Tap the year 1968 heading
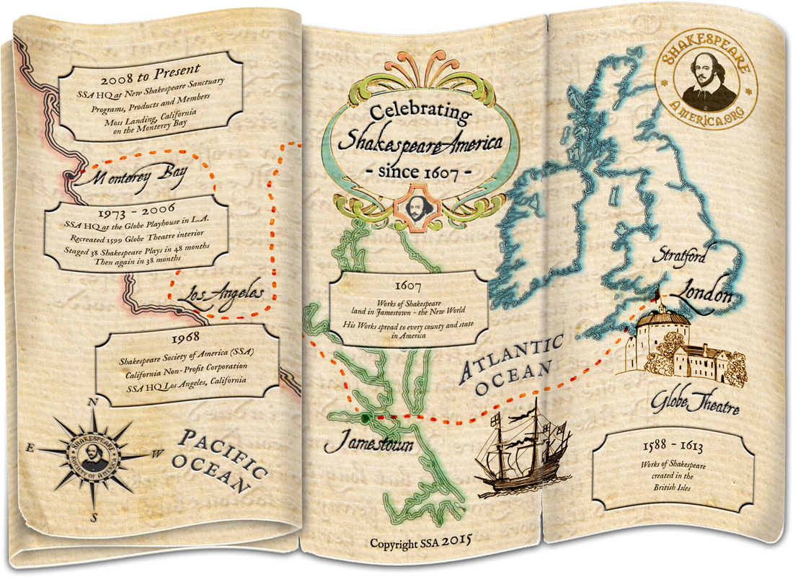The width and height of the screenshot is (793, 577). [187, 337]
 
